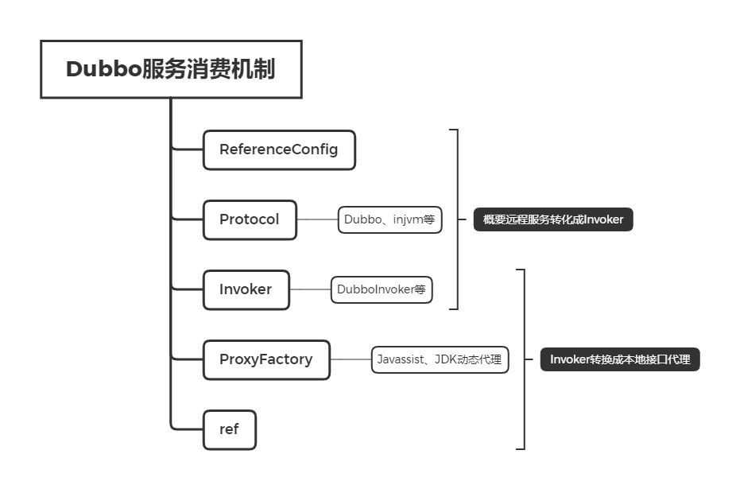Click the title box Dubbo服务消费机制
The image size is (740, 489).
(171, 69)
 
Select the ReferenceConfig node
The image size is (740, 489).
(279, 149)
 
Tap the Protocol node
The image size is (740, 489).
(250, 219)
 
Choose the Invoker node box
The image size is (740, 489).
(246, 289)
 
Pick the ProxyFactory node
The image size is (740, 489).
(266, 359)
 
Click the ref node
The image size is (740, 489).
(229, 429)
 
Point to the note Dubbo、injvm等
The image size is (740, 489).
(389, 219)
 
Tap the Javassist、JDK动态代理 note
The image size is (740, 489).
(440, 359)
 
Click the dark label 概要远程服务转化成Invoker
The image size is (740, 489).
(553, 219)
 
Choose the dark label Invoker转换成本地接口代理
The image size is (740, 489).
(620, 359)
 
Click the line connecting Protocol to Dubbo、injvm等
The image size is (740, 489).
(317, 219)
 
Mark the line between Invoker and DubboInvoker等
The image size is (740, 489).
(310, 289)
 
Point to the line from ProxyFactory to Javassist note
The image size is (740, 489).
(351, 359)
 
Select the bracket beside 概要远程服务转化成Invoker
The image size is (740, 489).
(458, 219)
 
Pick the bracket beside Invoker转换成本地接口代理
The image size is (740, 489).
(525, 359)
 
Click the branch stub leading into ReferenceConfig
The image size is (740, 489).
(188, 149)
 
